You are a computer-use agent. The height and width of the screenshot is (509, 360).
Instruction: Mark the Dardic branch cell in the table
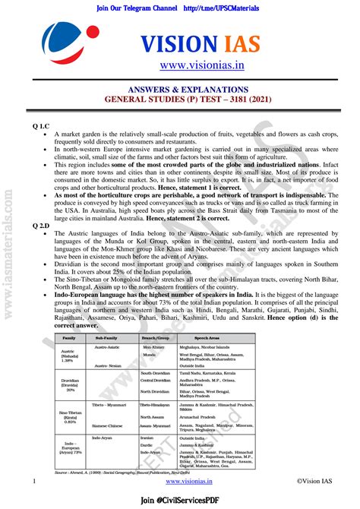pos(148,445)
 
